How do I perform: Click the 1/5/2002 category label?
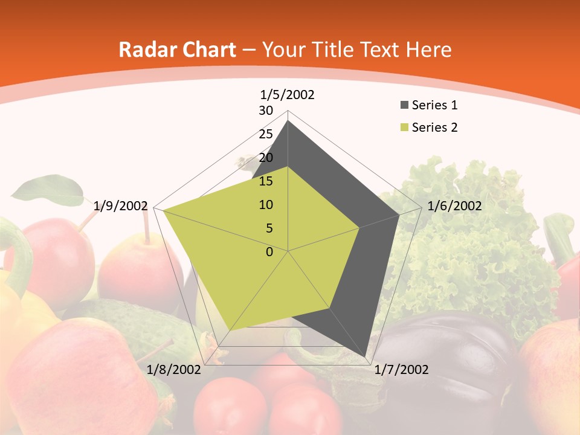tap(288, 94)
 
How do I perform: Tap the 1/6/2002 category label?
tap(454, 206)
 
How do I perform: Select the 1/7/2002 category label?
tap(401, 370)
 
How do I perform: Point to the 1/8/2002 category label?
tap(174, 370)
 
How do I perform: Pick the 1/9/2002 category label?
tap(121, 206)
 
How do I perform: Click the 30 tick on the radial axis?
tap(266, 111)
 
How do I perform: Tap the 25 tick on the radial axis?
tap(266, 134)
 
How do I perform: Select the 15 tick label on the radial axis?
tap(266, 181)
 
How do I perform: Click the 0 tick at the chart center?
tap(269, 252)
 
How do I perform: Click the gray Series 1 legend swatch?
tap(404, 106)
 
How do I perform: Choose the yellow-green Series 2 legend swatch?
tap(404, 127)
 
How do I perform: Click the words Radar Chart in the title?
tap(177, 50)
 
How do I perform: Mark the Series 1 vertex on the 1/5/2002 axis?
tap(288, 121)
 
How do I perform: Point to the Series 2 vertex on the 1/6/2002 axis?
tap(360, 227)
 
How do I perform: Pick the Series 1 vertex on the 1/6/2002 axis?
tap(399, 214)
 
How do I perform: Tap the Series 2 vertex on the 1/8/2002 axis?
tap(231, 329)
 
